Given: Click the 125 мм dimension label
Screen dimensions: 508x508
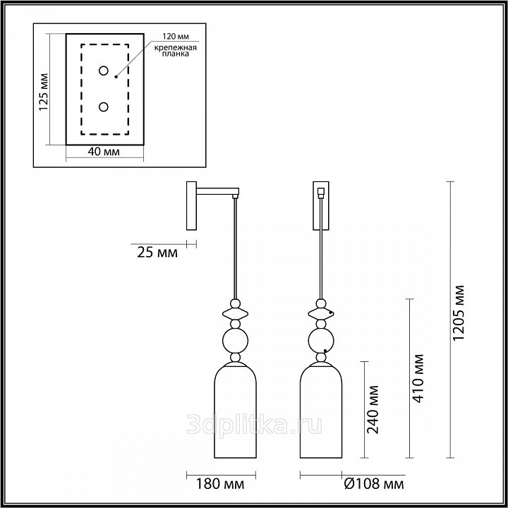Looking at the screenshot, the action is [x=43, y=92].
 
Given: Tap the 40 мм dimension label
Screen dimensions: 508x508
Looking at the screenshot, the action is [x=103, y=151].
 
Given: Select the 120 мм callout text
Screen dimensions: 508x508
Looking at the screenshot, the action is [x=176, y=36].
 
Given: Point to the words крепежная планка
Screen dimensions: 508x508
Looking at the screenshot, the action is [x=175, y=51].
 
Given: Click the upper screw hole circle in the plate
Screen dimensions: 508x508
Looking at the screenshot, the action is [x=103, y=71].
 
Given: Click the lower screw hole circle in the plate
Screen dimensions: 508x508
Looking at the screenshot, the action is [x=103, y=107].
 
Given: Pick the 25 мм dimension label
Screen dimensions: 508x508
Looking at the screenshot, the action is [x=157, y=253].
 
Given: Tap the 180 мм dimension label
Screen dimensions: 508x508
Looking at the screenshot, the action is [x=220, y=484].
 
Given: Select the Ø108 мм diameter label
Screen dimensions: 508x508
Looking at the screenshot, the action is [x=374, y=484].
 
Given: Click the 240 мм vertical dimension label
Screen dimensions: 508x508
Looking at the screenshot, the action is [x=373, y=409].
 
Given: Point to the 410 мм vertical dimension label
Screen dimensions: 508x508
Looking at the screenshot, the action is [x=418, y=378].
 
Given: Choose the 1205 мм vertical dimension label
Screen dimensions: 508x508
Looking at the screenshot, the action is [x=459, y=313].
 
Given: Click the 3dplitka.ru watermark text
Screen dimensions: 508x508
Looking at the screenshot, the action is [x=254, y=425].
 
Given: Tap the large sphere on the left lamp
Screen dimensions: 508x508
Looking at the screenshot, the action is [x=235, y=341].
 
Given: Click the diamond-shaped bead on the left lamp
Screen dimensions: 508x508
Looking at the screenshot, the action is [x=235, y=313].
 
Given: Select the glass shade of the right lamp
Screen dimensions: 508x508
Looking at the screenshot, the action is [x=321, y=410].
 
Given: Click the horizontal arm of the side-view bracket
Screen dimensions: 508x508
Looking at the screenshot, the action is [x=218, y=191].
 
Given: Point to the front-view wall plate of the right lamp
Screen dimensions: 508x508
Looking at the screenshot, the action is [x=321, y=206].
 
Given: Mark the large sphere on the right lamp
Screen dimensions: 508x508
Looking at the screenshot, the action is [x=321, y=341].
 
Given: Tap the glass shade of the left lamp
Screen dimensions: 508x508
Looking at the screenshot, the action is [x=235, y=410].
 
